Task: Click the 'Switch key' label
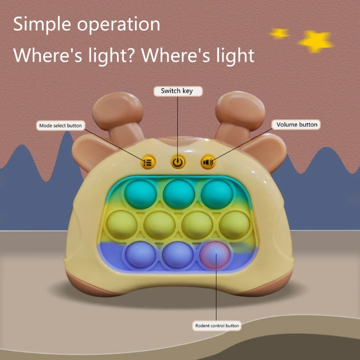(x=176, y=91)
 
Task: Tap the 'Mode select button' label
(x=60, y=126)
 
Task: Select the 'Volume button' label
(x=297, y=125)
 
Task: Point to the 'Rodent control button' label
(x=217, y=325)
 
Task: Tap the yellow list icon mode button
(x=148, y=162)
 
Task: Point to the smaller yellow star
(x=279, y=33)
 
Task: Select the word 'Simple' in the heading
(x=43, y=24)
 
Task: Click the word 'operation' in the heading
(x=119, y=25)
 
